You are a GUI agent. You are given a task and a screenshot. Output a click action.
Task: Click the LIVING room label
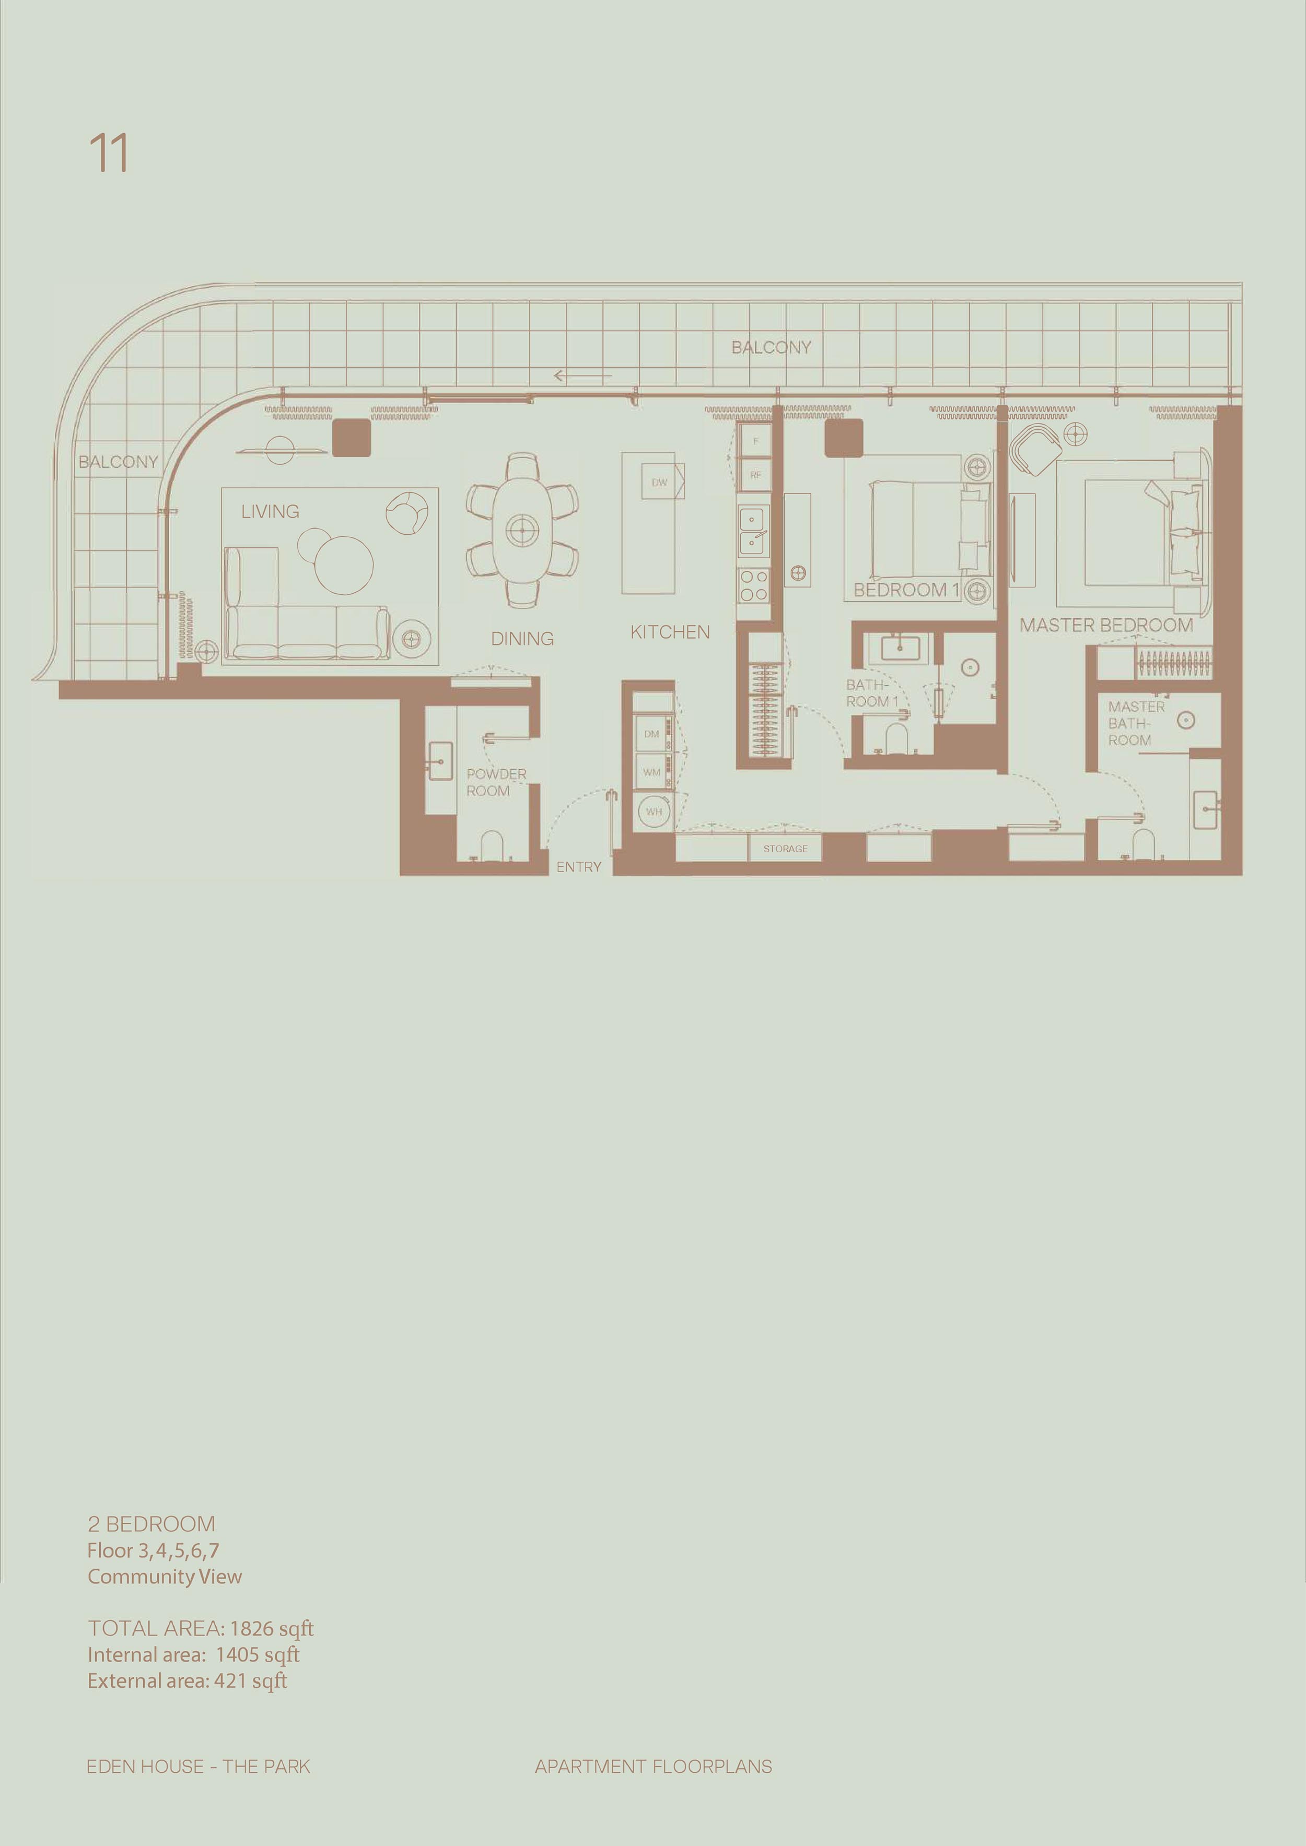click(x=270, y=511)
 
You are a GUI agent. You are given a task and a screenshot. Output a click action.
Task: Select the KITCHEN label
click(x=670, y=633)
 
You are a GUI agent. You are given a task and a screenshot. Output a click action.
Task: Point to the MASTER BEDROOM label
click(x=1106, y=626)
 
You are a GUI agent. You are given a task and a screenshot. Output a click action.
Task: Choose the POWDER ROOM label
click(x=496, y=782)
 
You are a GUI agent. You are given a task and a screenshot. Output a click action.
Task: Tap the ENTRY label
click(x=578, y=867)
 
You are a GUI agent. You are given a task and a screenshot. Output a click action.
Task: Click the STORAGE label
click(x=786, y=848)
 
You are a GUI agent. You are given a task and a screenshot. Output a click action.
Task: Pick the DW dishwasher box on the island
click(x=659, y=483)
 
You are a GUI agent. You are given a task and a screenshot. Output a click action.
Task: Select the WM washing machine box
click(x=651, y=772)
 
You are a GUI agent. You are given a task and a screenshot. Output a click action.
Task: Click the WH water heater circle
click(x=654, y=811)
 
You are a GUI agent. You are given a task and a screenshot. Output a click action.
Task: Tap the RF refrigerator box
click(x=755, y=475)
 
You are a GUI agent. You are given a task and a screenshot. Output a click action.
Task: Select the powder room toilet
click(x=491, y=845)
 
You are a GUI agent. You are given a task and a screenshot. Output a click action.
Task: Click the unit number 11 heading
click(x=109, y=153)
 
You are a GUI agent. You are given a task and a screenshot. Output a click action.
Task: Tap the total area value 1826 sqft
click(x=272, y=1629)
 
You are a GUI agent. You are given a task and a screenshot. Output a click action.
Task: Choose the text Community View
click(x=165, y=1577)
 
